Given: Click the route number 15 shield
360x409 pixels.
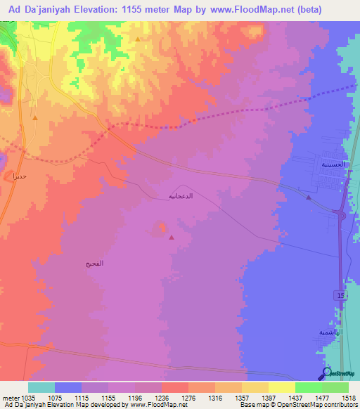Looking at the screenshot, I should (340, 297).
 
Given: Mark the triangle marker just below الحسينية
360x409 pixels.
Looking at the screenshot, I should (309, 197).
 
